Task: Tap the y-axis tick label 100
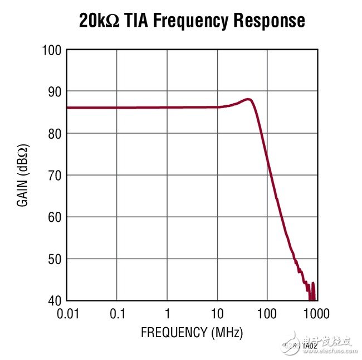(x=51, y=50)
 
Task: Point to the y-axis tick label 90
(x=53, y=91)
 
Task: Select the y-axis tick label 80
(x=53, y=134)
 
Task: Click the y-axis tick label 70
(x=53, y=176)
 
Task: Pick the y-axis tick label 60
(x=53, y=217)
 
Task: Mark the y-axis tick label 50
(x=53, y=259)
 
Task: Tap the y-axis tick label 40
(x=53, y=301)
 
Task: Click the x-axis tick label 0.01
(x=67, y=313)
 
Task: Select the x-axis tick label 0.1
(x=117, y=313)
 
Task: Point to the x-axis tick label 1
(x=167, y=313)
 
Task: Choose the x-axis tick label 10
(x=217, y=313)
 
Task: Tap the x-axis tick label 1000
(x=316, y=313)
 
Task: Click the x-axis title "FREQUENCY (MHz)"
(x=192, y=333)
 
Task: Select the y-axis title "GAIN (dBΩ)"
(x=23, y=176)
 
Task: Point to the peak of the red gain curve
(x=248, y=100)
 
